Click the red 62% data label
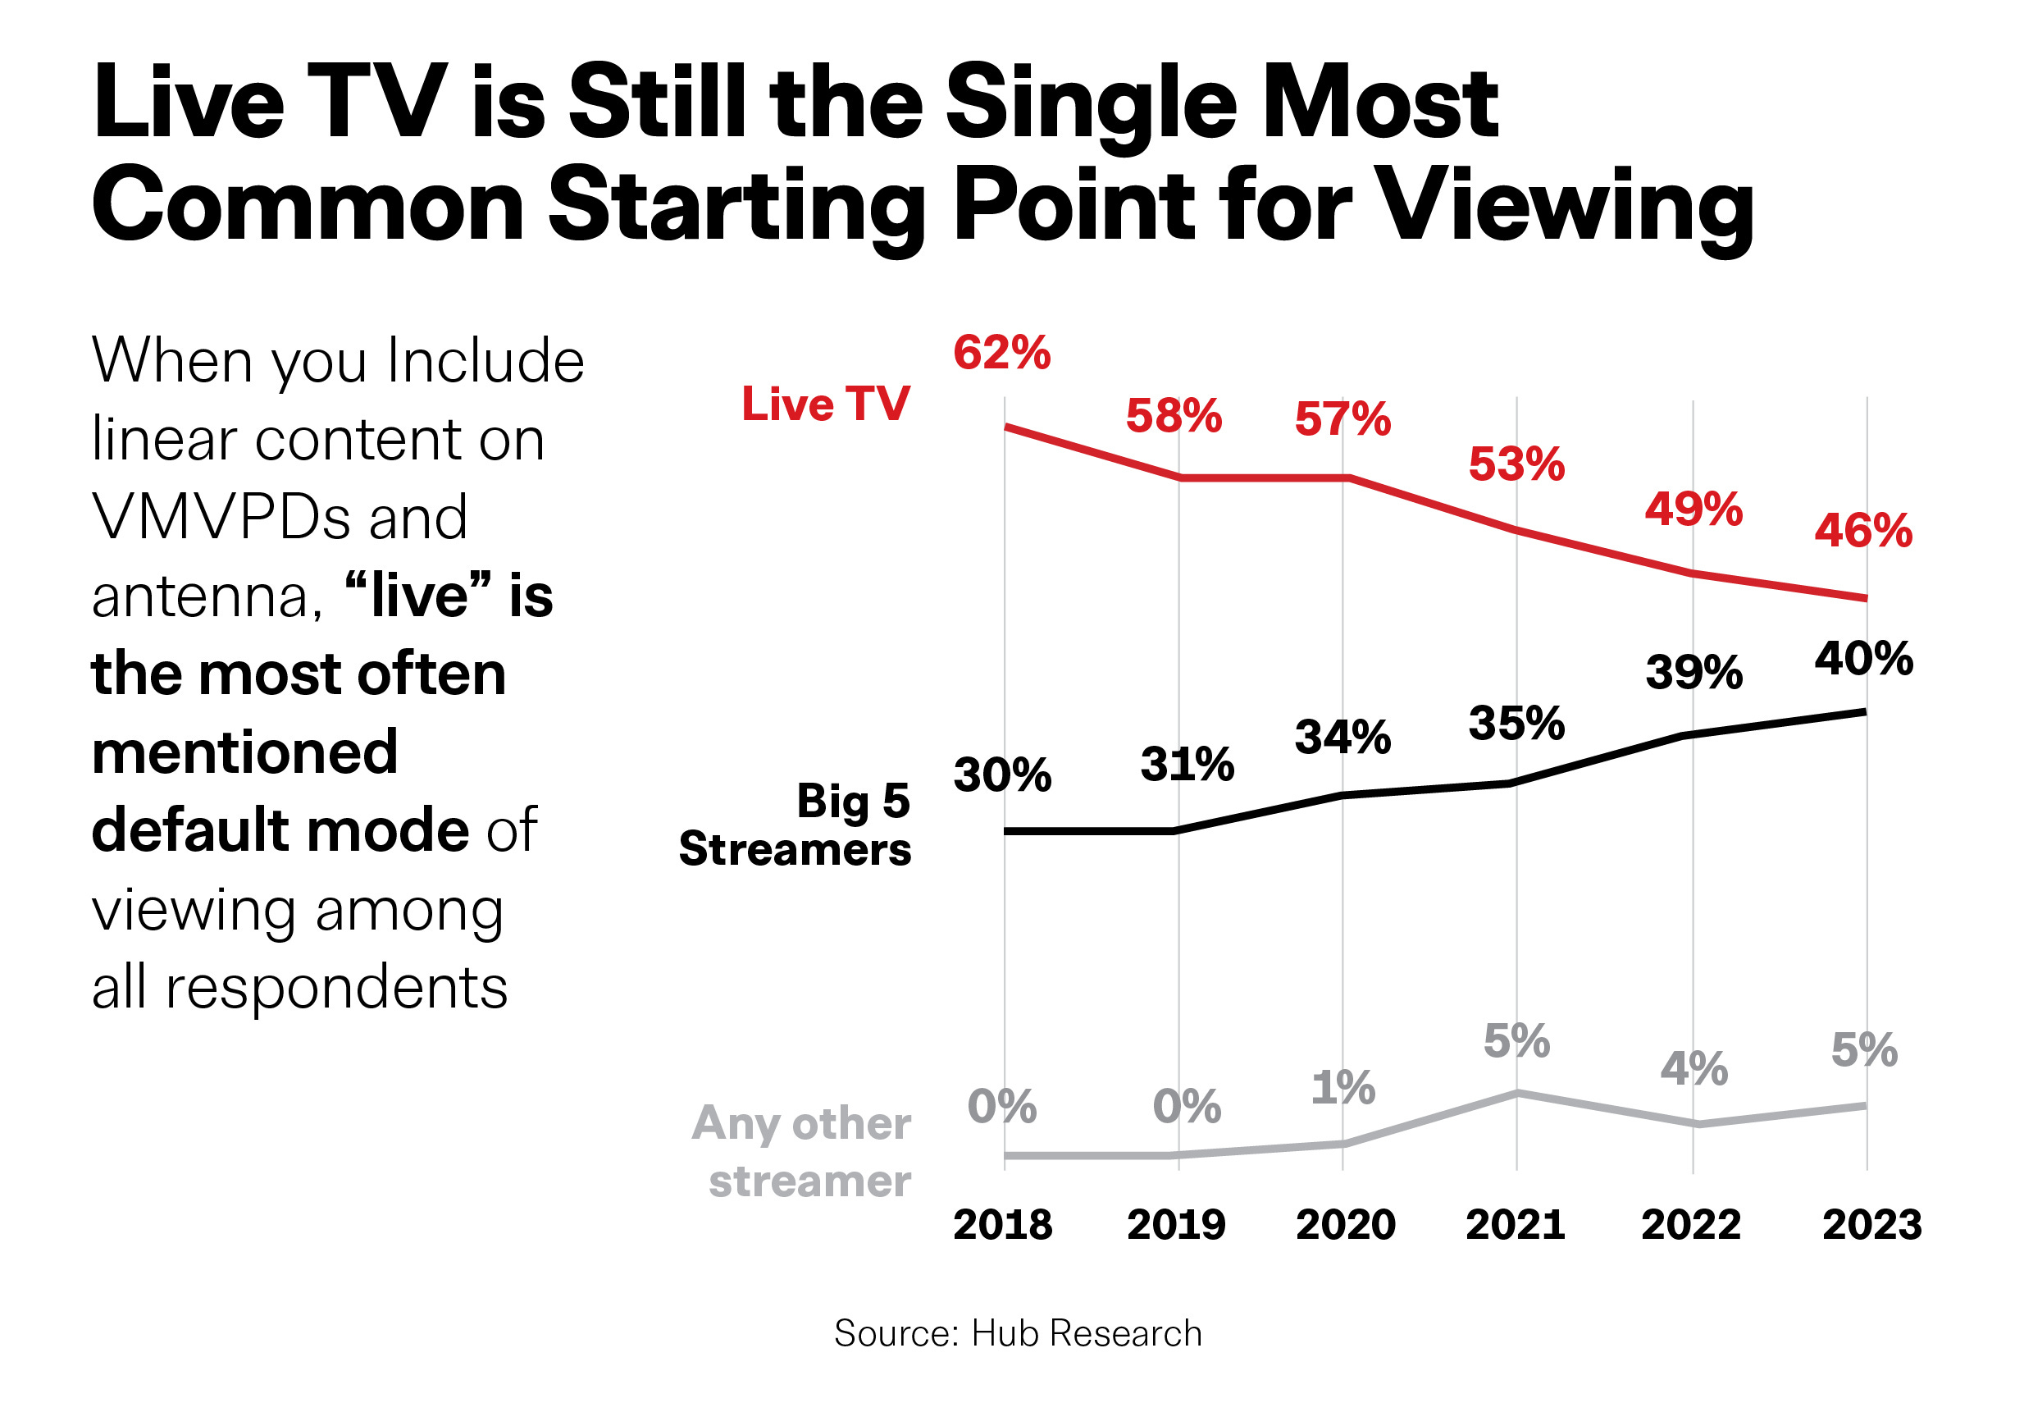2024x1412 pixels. [x=1001, y=354]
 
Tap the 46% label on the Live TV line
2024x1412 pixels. [x=1862, y=531]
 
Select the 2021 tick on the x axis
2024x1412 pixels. [x=1515, y=1224]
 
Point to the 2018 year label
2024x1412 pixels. [x=1002, y=1224]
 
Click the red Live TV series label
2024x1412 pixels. [x=825, y=404]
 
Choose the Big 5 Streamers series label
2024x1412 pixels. [x=795, y=825]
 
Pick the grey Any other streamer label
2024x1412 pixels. [x=802, y=1151]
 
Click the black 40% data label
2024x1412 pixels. [x=1863, y=659]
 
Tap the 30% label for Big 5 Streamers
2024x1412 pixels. [x=1002, y=775]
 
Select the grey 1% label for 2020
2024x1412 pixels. [x=1342, y=1087]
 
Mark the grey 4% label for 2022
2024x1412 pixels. [x=1694, y=1069]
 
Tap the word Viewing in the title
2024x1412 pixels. [x=1565, y=208]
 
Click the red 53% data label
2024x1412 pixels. [x=1516, y=465]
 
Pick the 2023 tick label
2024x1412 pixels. [x=1871, y=1224]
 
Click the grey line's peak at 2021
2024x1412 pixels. [x=1517, y=1093]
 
